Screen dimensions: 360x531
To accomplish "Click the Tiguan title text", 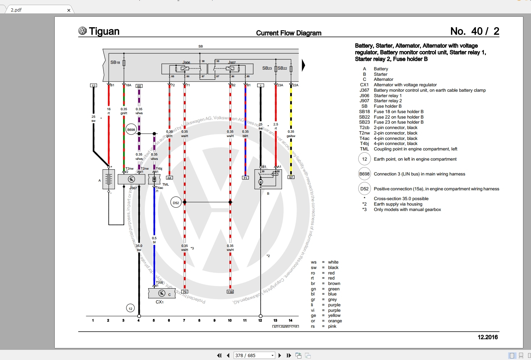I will tap(104, 32).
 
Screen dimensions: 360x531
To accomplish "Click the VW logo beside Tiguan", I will tap(83, 31).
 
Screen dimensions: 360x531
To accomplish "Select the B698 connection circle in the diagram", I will tap(131, 129).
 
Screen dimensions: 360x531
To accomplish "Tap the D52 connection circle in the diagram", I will tap(176, 203).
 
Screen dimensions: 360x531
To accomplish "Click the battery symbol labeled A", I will tap(109, 179).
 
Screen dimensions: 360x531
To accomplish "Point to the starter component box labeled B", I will tap(268, 179).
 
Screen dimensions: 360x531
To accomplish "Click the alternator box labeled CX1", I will tap(162, 293).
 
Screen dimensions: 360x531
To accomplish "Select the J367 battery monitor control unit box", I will tap(131, 179).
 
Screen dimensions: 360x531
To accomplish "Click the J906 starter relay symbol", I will tap(184, 69).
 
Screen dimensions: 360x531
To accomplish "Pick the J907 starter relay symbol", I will tap(230, 69).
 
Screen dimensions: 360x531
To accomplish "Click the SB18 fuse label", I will tap(115, 62).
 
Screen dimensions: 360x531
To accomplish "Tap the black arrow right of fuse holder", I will tap(304, 65).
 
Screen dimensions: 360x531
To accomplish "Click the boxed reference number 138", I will tap(230, 292).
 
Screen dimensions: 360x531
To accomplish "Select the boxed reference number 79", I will tap(185, 292).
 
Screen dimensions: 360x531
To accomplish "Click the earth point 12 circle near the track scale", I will tap(130, 309).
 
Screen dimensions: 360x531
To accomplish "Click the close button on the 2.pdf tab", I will tap(69, 10).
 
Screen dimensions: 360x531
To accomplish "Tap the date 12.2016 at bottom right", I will tap(488, 337).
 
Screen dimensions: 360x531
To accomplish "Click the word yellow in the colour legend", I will tap(334, 315).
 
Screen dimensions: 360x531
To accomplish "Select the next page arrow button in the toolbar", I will tap(280, 355).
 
